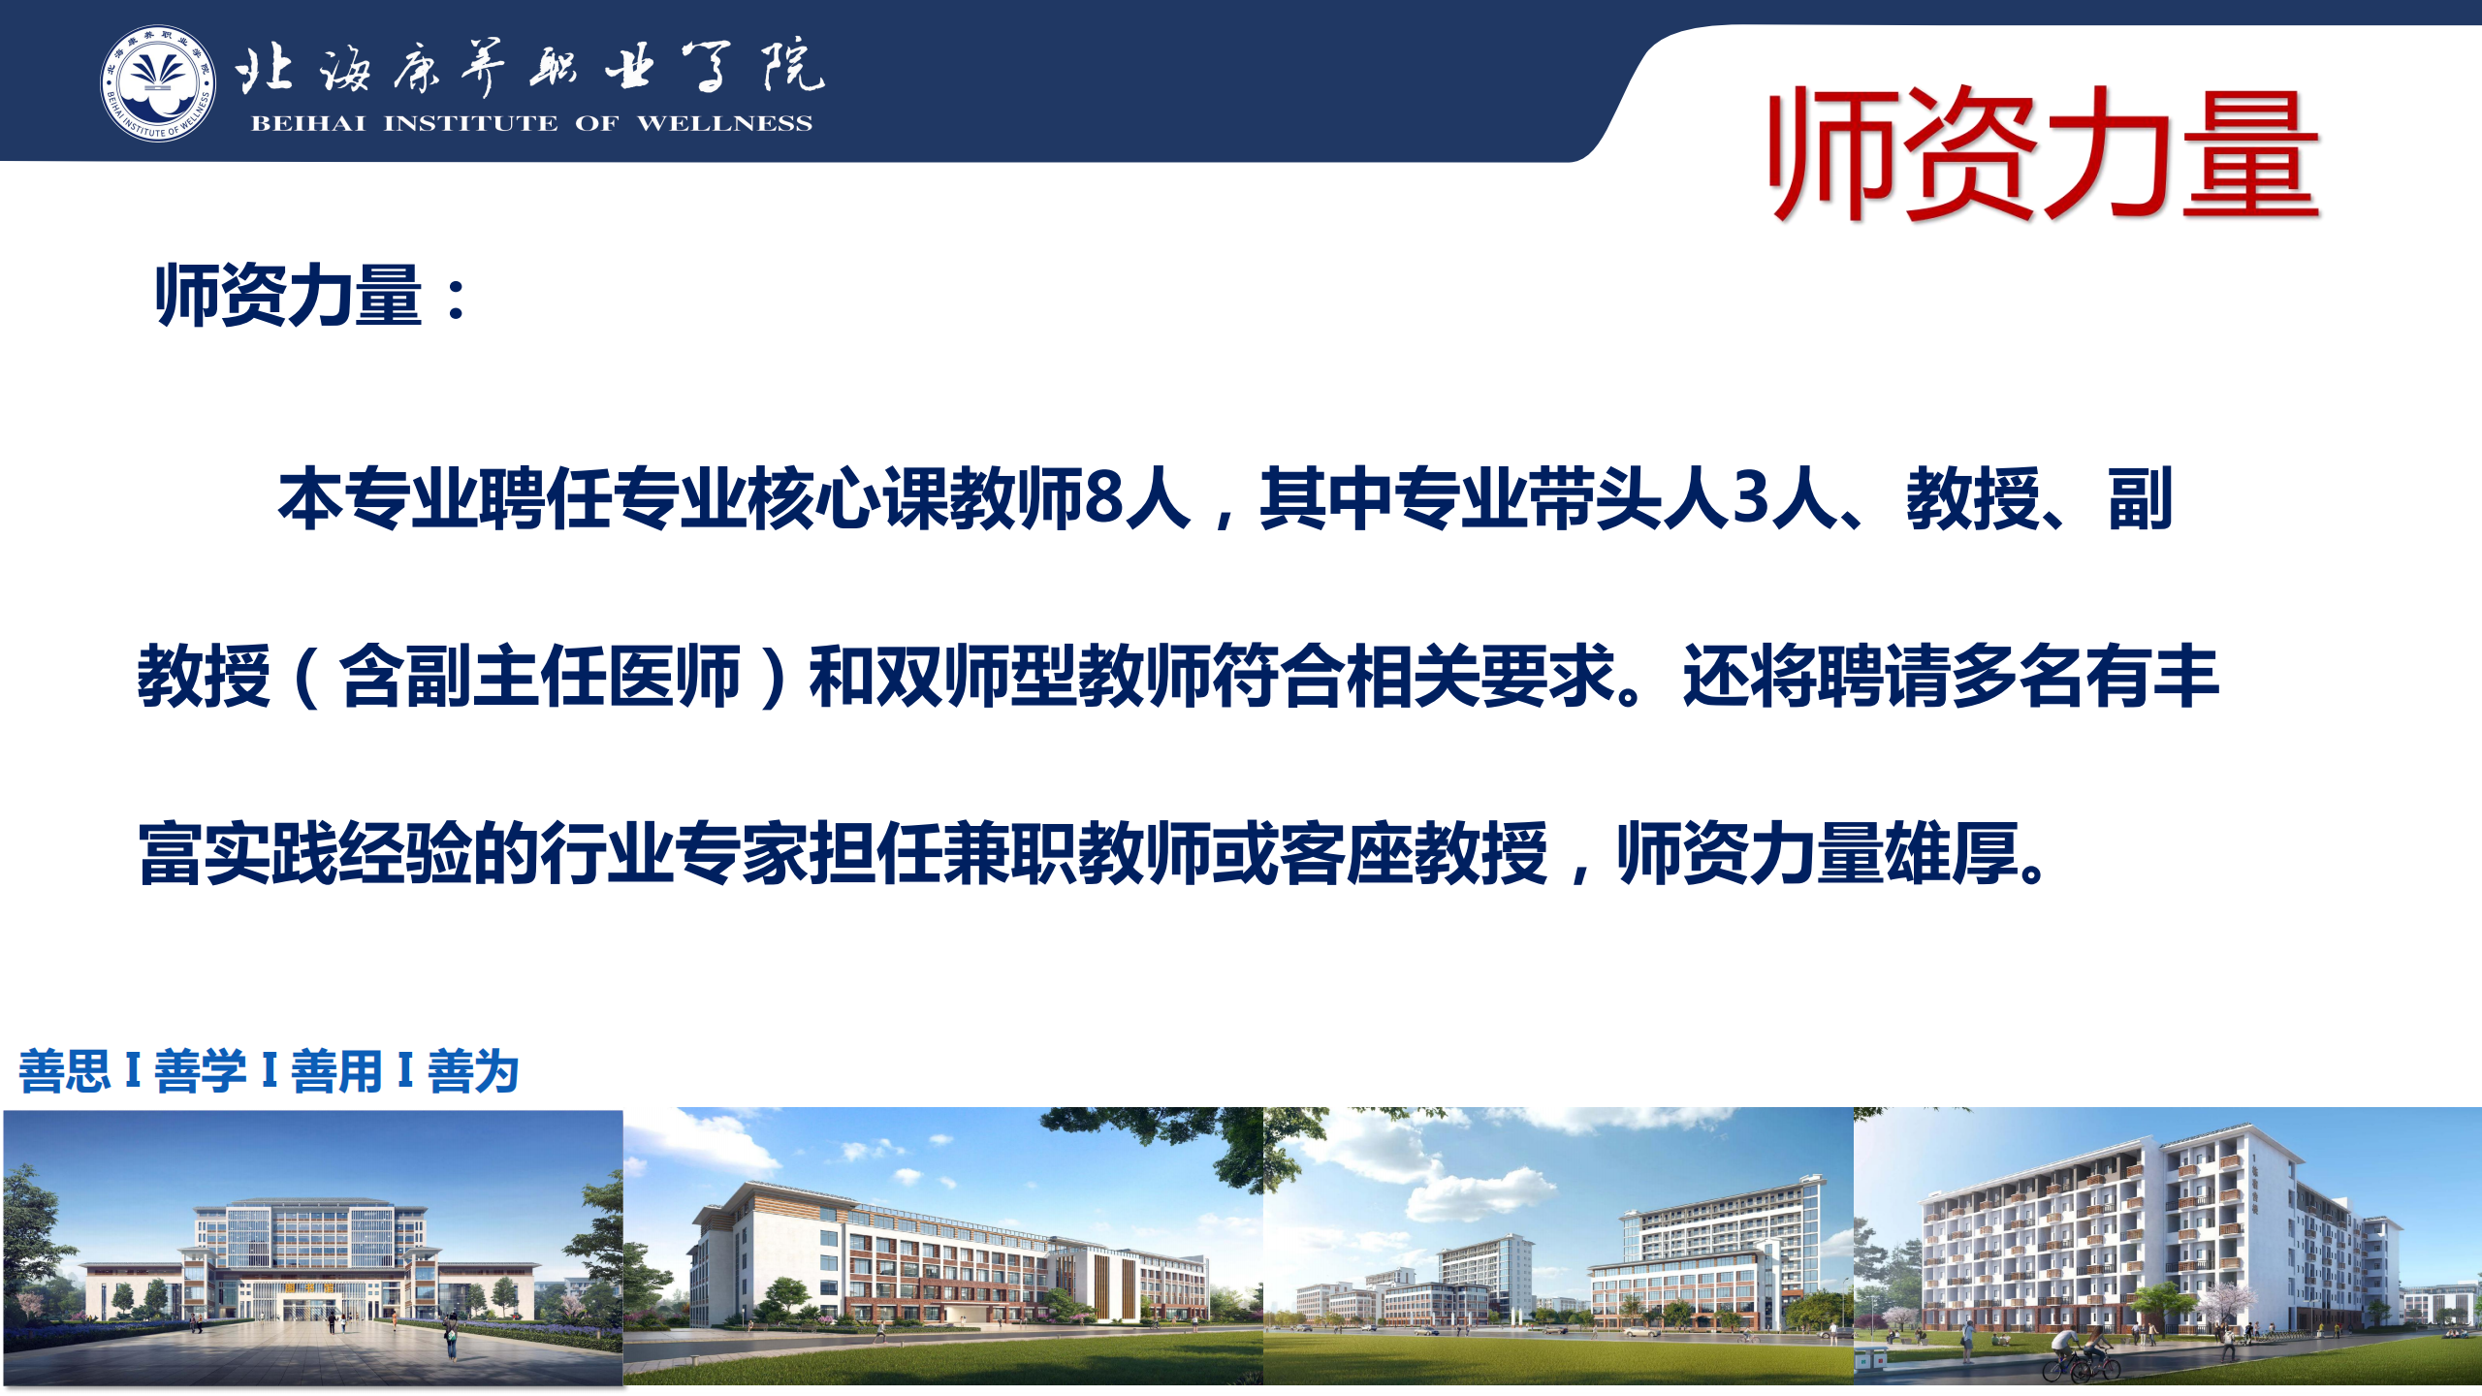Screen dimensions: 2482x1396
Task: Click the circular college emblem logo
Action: point(158,83)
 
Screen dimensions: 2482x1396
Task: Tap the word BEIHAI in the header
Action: point(308,123)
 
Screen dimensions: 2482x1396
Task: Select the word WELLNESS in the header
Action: point(724,123)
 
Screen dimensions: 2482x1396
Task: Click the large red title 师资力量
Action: point(2044,152)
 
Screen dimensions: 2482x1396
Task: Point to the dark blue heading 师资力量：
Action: point(312,295)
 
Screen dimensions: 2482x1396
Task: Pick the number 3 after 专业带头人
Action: point(1751,499)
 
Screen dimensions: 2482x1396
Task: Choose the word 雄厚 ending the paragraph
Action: point(1951,853)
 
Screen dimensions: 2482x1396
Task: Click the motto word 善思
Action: point(65,1071)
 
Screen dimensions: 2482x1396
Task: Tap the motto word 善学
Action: point(201,1071)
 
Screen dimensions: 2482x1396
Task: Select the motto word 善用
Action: point(336,1071)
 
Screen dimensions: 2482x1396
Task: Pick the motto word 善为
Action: point(473,1071)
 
